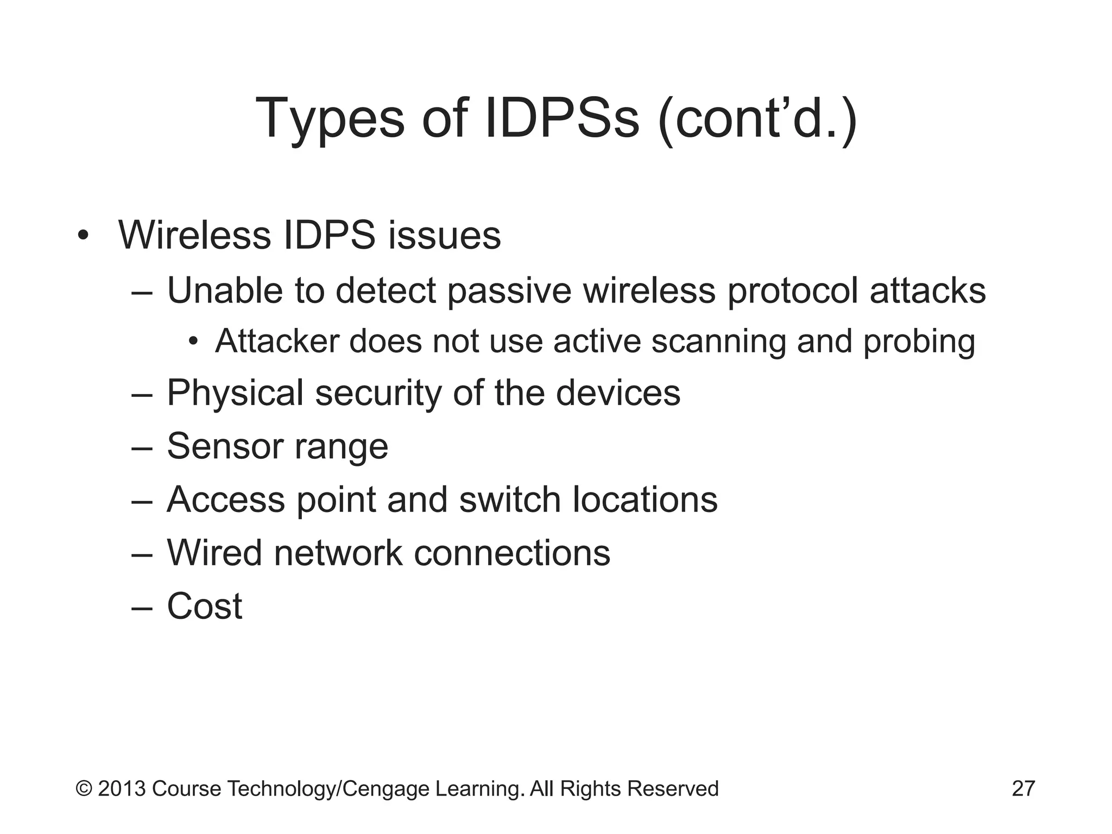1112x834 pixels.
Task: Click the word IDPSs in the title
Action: click(562, 118)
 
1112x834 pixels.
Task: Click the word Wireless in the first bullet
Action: click(194, 236)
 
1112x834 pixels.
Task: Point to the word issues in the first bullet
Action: click(444, 236)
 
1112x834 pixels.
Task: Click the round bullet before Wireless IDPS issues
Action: click(83, 236)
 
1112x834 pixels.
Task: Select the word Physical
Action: click(235, 393)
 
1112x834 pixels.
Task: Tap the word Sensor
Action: click(225, 446)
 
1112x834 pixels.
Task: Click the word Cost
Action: click(204, 606)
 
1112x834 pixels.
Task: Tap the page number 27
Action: click(1023, 788)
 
